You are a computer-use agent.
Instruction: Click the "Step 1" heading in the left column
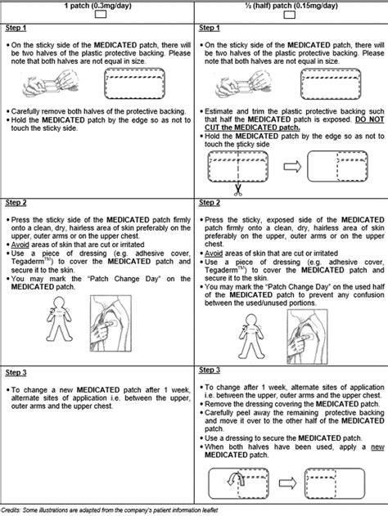pos(16,28)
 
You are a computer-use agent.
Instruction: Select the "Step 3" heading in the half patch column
pos(210,370)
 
